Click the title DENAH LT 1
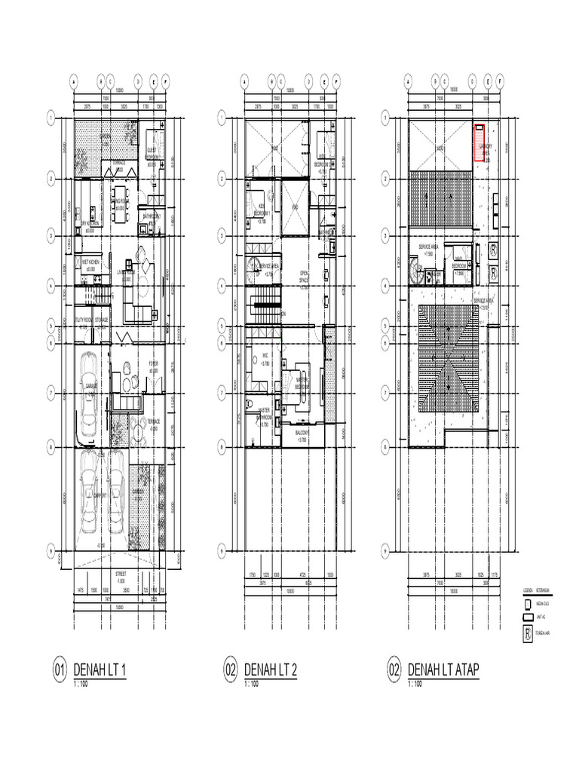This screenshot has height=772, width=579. [100, 669]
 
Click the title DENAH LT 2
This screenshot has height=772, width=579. [271, 669]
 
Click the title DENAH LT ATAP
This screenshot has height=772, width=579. [444, 669]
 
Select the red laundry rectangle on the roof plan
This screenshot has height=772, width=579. [479, 142]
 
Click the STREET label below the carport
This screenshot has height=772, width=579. [121, 574]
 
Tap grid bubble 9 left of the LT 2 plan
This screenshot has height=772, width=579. [222, 548]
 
